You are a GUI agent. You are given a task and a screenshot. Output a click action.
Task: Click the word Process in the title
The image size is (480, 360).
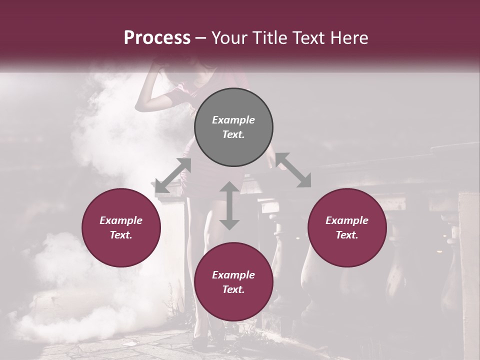[x=157, y=37]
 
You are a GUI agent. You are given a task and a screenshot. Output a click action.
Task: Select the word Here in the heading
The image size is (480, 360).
[x=349, y=37]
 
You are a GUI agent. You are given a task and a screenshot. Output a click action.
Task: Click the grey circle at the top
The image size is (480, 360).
[x=233, y=127]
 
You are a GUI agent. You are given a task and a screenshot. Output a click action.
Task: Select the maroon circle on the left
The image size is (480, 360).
[x=121, y=227]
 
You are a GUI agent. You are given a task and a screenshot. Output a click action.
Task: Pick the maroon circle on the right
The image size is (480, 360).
[x=347, y=227]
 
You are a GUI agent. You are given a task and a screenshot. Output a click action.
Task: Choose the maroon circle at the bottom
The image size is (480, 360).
[x=233, y=281]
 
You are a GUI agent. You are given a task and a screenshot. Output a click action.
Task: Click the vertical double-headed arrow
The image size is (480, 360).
[x=229, y=205]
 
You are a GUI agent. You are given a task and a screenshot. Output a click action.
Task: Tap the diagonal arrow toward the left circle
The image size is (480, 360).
[x=173, y=175]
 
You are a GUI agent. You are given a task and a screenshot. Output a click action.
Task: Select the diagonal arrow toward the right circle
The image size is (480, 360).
[x=293, y=170]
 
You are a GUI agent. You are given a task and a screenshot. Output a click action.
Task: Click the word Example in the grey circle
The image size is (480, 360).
[x=233, y=119]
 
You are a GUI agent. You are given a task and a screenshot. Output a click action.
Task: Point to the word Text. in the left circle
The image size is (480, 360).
[x=121, y=235]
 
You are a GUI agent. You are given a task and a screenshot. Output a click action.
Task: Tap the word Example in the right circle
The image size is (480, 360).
[x=347, y=220]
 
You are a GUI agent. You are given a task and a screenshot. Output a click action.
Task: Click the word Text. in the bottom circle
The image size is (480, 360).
[x=233, y=289]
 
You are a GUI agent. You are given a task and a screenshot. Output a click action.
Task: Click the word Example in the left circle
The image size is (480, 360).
[x=121, y=220]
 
